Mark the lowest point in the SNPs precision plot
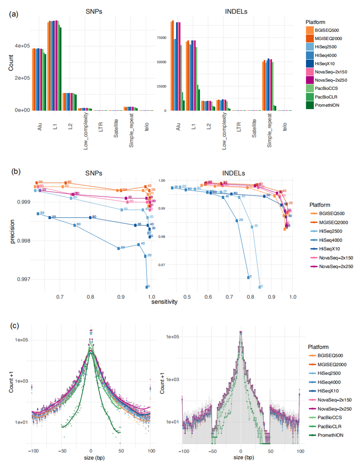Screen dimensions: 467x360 click(x=147, y=287)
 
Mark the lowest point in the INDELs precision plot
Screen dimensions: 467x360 click(x=260, y=287)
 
